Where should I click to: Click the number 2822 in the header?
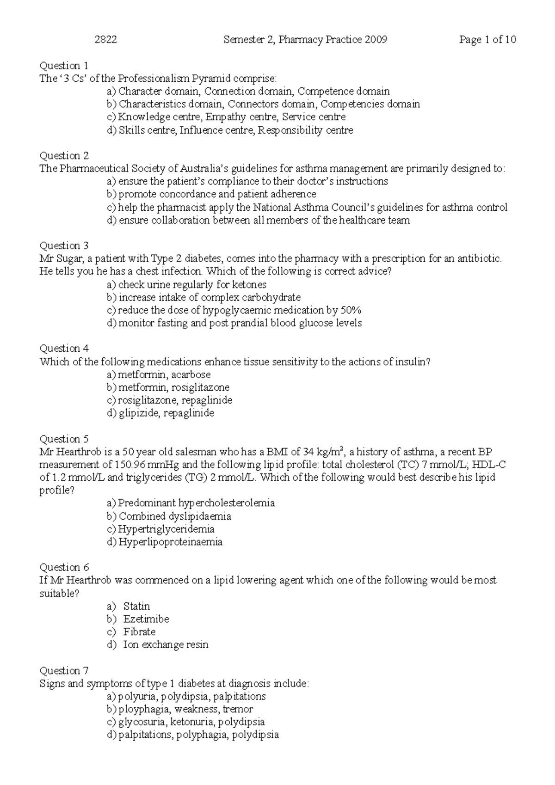[105, 40]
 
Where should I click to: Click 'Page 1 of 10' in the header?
[487, 40]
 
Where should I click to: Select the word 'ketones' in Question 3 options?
[250, 285]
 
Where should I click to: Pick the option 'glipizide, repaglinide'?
[166, 413]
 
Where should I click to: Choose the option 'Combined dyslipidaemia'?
[175, 516]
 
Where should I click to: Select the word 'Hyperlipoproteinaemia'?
[170, 542]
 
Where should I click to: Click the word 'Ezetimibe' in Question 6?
[146, 619]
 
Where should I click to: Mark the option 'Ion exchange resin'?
[165, 645]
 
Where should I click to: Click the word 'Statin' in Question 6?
[136, 606]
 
